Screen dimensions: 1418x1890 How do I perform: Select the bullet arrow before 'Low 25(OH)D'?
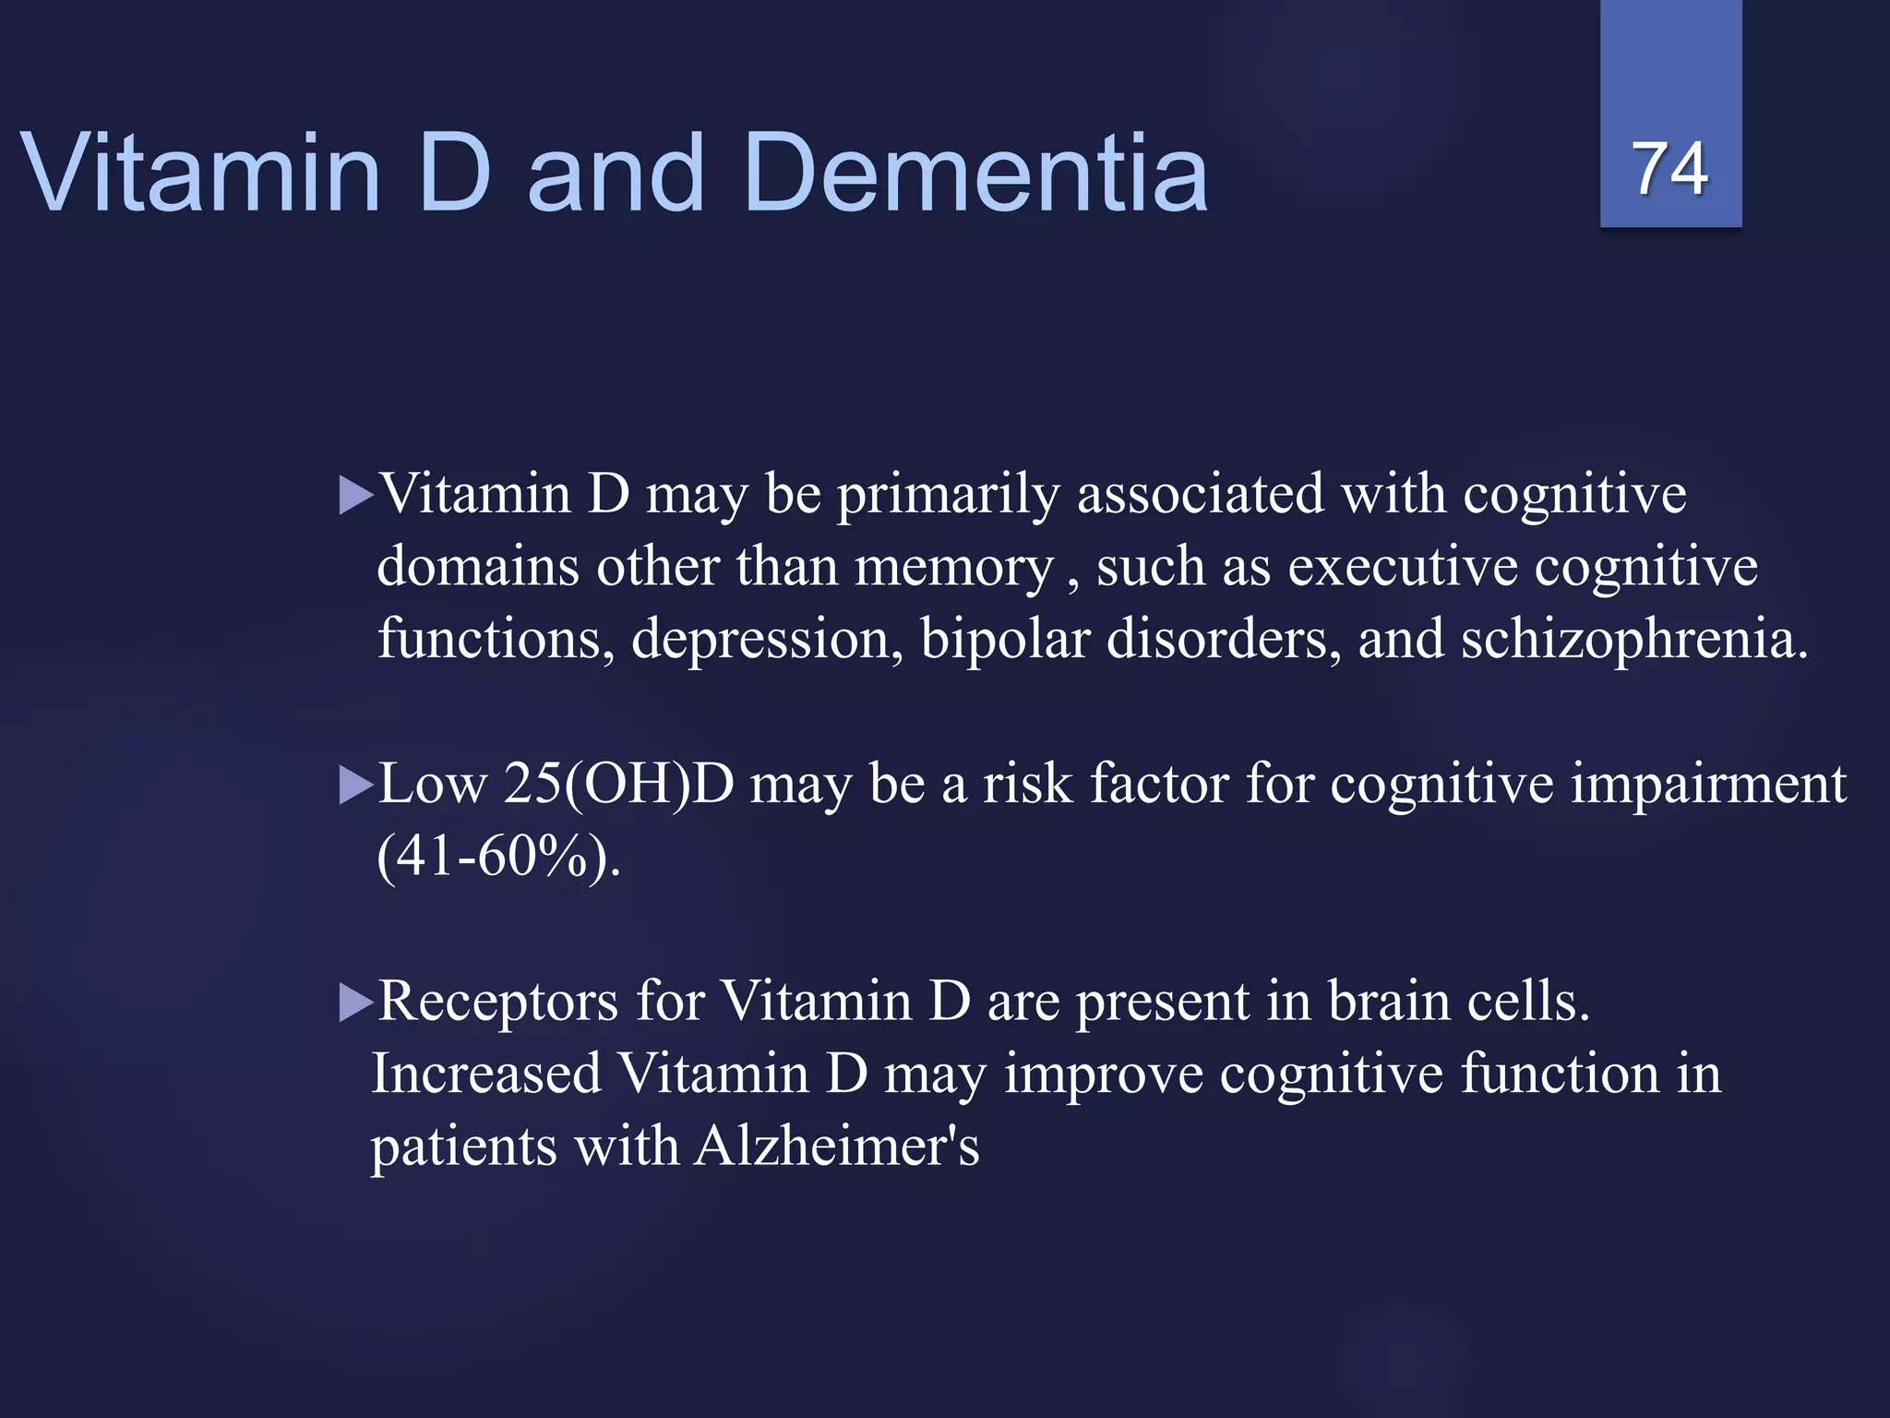355,786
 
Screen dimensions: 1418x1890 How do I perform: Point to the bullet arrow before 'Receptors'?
355,1003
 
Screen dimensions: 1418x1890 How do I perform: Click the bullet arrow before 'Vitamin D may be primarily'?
355,495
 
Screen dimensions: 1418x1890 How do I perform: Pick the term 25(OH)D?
618,785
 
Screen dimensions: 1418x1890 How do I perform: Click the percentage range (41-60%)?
498,856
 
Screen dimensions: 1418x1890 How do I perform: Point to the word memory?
954,568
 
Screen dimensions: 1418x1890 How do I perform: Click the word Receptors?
498,1001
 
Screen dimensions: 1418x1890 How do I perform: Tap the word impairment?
1708,785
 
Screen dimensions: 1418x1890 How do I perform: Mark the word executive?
1403,566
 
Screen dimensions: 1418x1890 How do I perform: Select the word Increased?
486,1074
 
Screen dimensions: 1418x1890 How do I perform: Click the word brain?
1390,1001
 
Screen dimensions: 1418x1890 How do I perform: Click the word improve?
1104,1076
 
